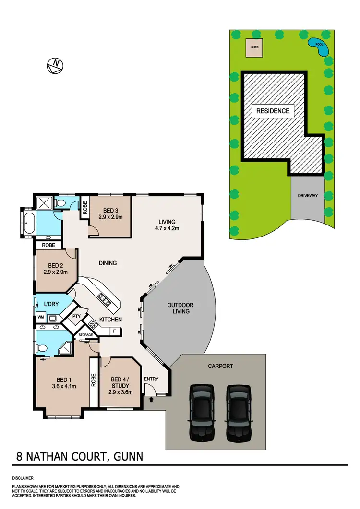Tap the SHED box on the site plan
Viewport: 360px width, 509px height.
[253, 48]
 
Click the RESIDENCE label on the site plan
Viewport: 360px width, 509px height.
[273, 111]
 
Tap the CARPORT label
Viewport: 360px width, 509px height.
[221, 366]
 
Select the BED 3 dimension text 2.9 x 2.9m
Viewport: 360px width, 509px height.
[111, 217]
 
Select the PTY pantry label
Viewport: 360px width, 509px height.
[76, 317]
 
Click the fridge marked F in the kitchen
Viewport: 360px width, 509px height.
[115, 331]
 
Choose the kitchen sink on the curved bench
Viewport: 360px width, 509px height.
[104, 299]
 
